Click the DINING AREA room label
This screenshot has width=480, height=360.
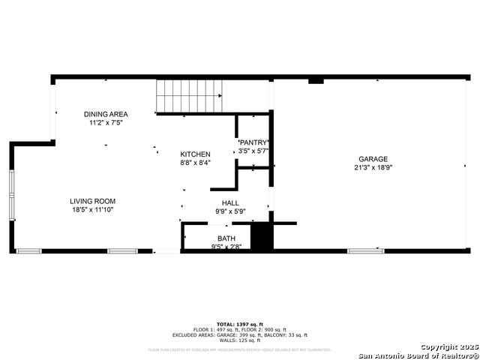(x=105, y=114)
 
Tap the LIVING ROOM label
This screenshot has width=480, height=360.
(x=93, y=201)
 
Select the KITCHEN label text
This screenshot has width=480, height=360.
(x=195, y=154)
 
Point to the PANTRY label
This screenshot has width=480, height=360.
(x=253, y=142)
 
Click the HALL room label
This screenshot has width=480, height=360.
(x=230, y=202)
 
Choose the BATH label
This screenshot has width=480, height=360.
(x=226, y=238)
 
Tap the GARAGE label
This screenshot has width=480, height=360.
(x=373, y=159)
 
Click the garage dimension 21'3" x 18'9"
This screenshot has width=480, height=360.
(x=373, y=168)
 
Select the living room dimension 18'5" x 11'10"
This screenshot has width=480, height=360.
(x=93, y=210)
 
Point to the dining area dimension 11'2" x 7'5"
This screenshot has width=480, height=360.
(x=105, y=122)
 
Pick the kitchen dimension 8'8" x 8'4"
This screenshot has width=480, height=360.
(x=195, y=162)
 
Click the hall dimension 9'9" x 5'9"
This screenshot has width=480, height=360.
(x=230, y=211)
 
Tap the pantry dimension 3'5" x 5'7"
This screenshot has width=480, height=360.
(x=253, y=151)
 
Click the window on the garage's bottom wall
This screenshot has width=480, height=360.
(x=365, y=250)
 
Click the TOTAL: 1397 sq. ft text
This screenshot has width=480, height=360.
(x=239, y=324)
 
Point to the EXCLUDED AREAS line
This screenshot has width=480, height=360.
(x=239, y=335)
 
